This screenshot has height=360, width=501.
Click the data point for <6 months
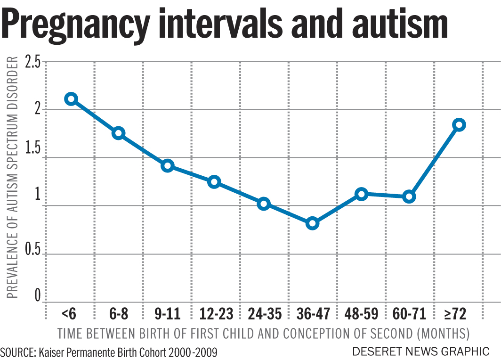click(x=71, y=99)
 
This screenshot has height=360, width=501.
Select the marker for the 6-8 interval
click(x=118, y=133)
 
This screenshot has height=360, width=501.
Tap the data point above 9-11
click(x=168, y=166)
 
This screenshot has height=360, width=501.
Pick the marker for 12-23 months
click(x=214, y=182)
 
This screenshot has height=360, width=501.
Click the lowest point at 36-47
click(x=312, y=223)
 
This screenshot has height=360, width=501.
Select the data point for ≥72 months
click(x=459, y=125)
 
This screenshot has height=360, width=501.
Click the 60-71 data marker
click(x=409, y=196)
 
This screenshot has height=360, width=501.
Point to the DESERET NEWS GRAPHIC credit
click(x=421, y=351)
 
